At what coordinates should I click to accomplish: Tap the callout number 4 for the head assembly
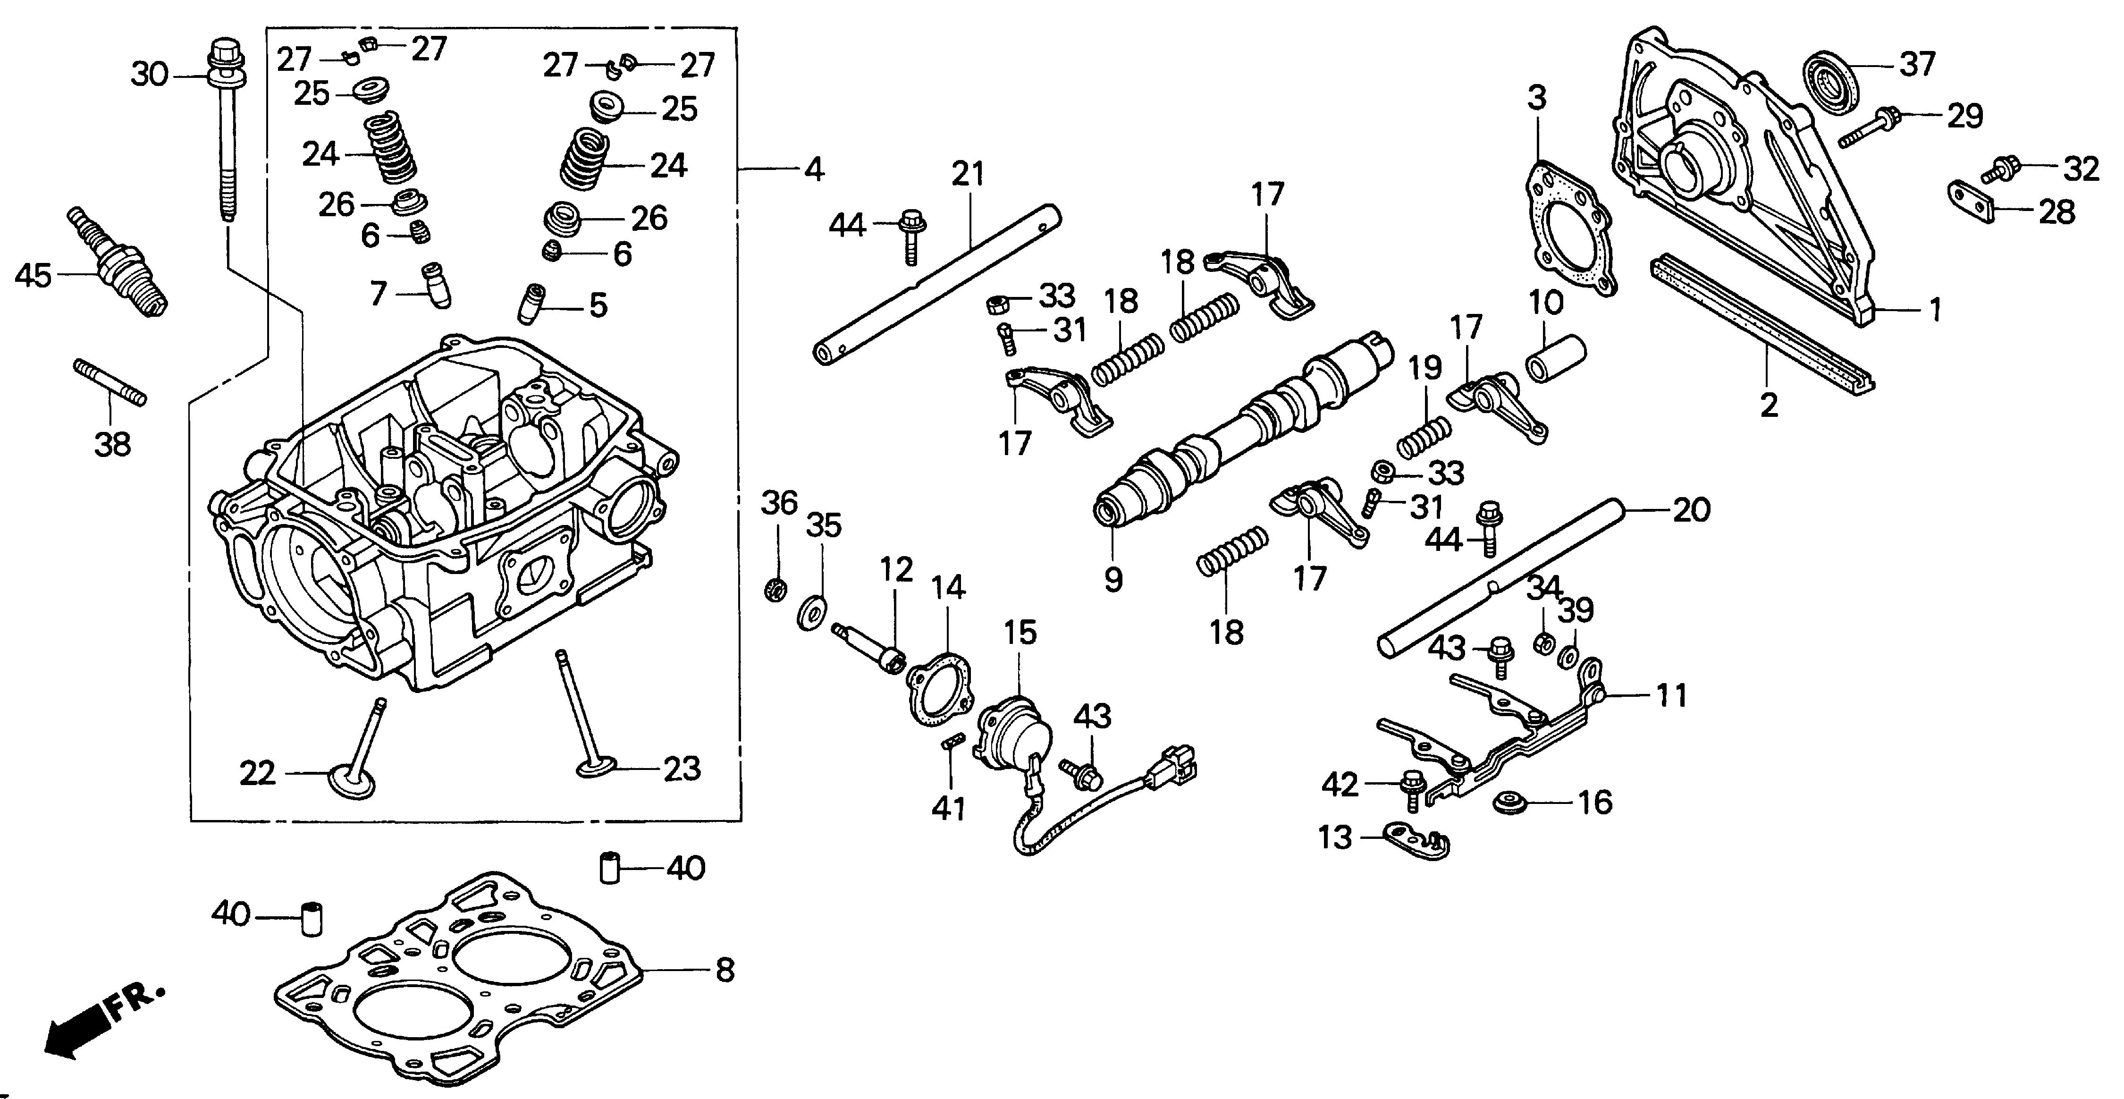point(814,170)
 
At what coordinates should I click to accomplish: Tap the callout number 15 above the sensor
point(1020,633)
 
